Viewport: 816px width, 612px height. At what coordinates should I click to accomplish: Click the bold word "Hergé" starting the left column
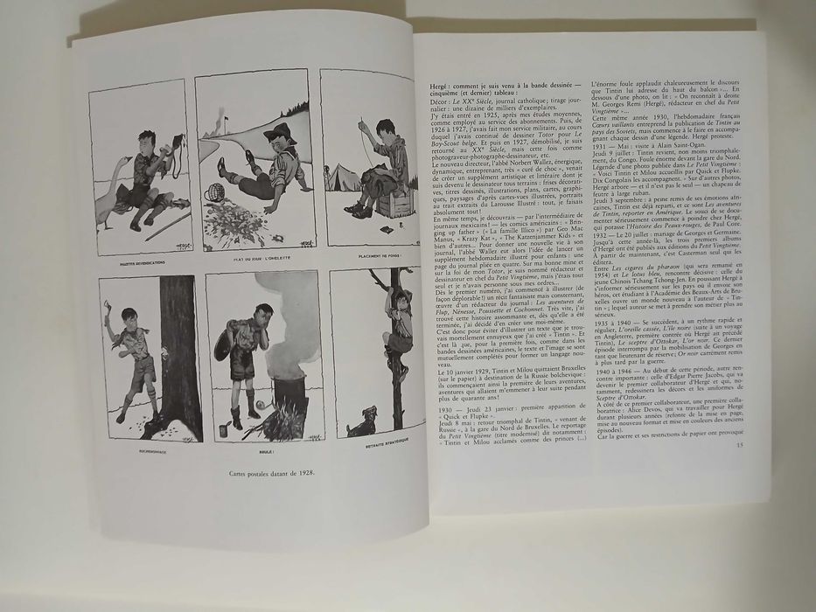443,88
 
